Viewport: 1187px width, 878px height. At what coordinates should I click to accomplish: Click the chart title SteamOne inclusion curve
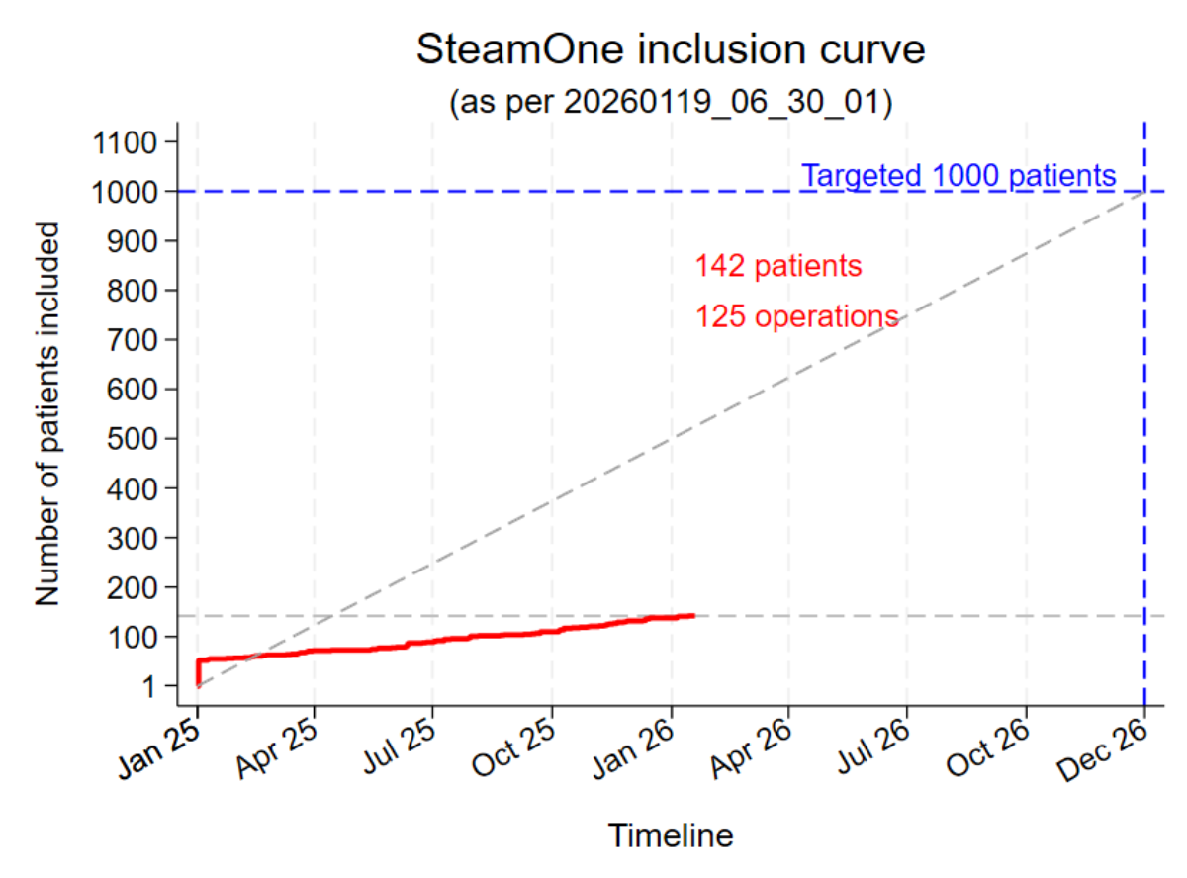pos(671,49)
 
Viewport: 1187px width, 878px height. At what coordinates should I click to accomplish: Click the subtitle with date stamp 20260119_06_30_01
pos(671,102)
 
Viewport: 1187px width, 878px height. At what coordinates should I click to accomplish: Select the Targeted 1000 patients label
pos(959,176)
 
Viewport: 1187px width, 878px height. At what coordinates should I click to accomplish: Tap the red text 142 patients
pos(777,267)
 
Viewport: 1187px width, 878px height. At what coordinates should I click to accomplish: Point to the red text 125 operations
pos(796,317)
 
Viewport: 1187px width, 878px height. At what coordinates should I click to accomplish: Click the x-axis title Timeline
pos(671,835)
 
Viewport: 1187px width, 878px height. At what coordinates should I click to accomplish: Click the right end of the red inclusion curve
pos(693,615)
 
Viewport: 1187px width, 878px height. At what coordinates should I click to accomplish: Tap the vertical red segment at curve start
pos(198,672)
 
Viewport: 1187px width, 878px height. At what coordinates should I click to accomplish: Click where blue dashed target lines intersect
pos(1144,191)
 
